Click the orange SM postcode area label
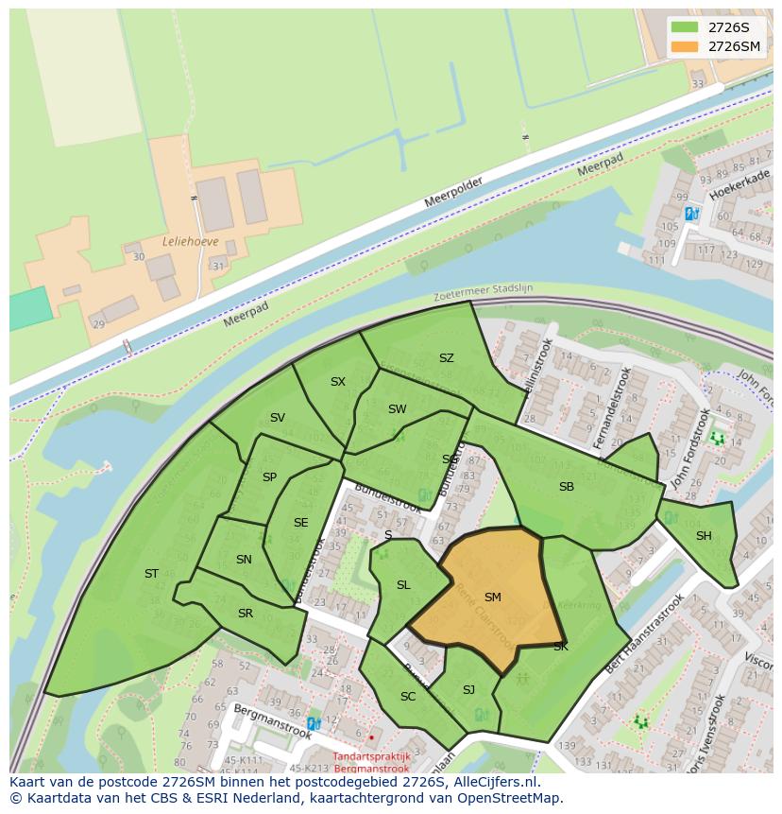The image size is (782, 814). tap(492, 598)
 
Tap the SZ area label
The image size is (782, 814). tap(447, 358)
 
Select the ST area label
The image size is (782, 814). tap(151, 574)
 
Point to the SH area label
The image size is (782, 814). tap(704, 536)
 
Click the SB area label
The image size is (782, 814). tap(567, 487)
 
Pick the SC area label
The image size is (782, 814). tap(408, 697)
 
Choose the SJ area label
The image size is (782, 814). tap(468, 690)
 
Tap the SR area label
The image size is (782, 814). tap(246, 614)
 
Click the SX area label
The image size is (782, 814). tap(338, 382)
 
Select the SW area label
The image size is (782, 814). tap(397, 409)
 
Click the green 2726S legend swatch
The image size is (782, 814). tap(684, 26)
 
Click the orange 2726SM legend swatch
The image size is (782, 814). tap(684, 46)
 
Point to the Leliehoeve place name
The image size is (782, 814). tap(190, 241)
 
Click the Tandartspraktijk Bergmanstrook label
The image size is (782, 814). tap(371, 763)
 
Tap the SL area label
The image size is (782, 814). tap(403, 585)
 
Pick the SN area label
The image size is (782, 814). tap(244, 560)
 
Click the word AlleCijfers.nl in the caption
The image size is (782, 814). tap(492, 783)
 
